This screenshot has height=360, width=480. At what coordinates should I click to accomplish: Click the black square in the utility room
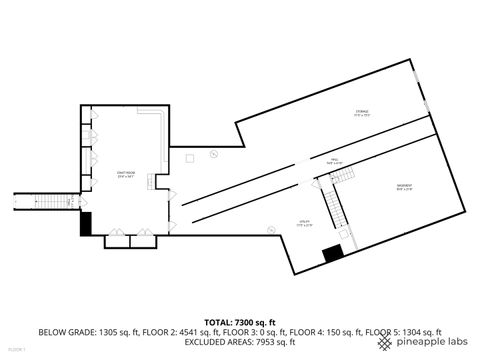333,254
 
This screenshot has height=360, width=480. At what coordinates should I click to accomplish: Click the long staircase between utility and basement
337,205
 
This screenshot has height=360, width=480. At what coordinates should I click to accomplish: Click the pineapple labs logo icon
385,341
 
